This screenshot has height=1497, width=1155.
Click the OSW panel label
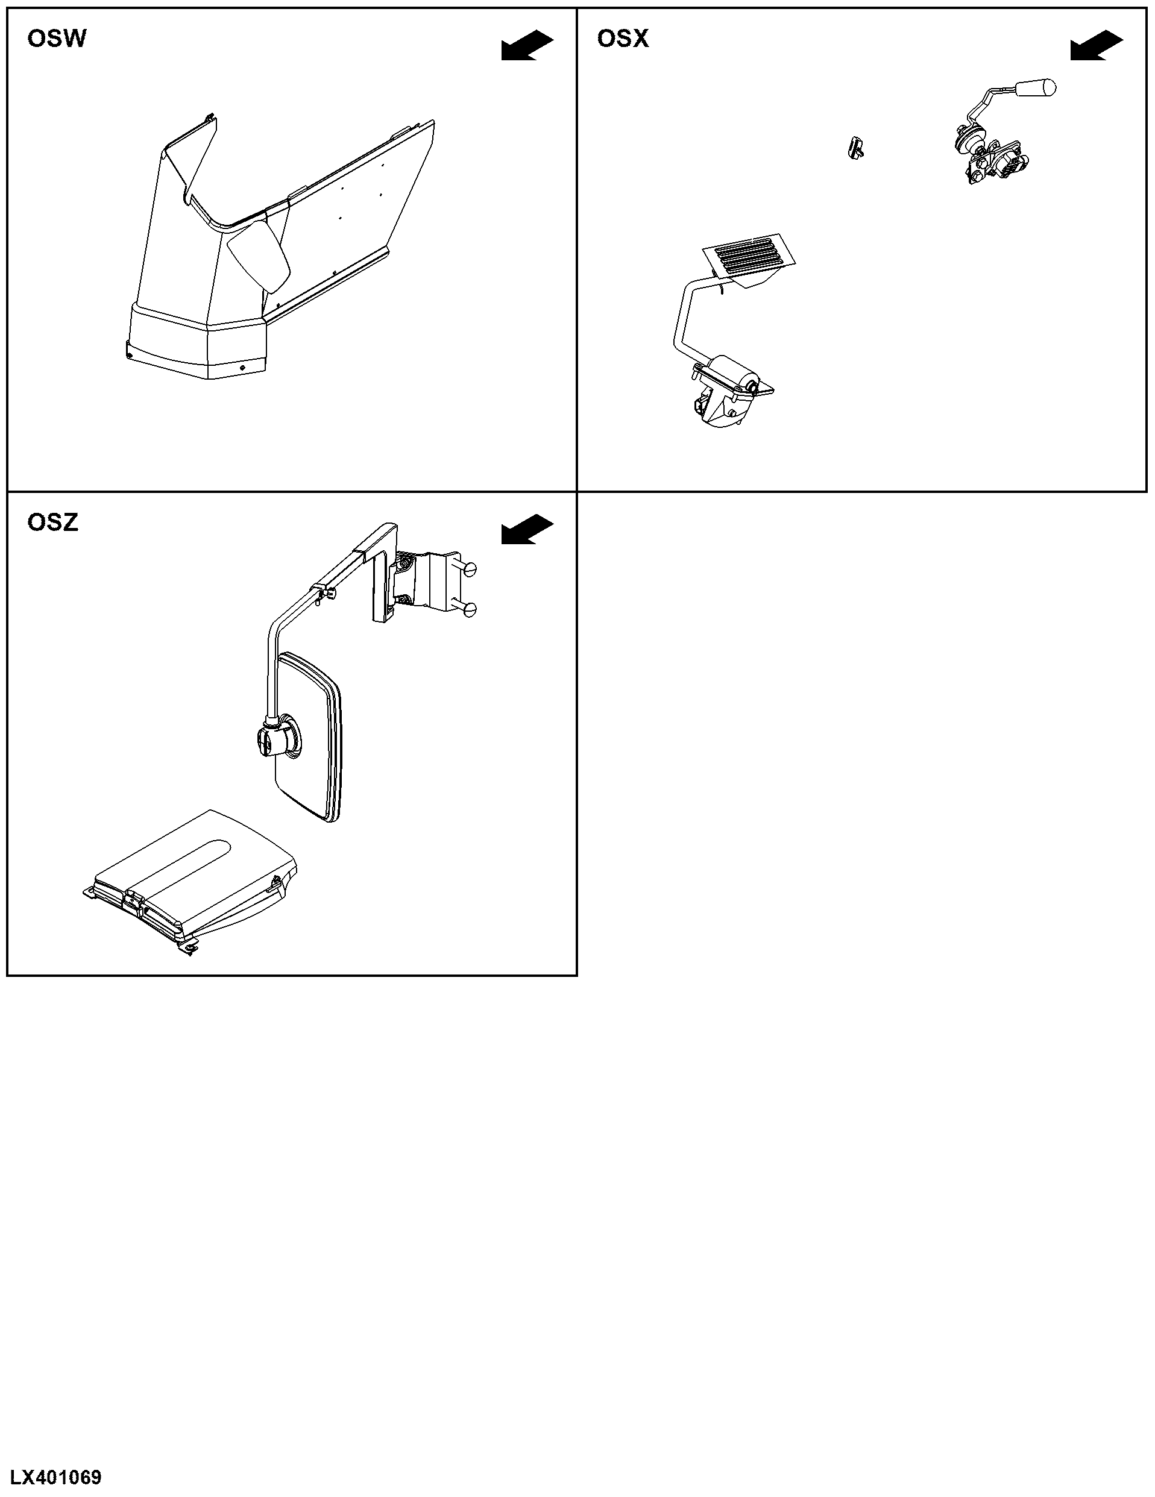(57, 39)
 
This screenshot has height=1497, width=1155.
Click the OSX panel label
(622, 39)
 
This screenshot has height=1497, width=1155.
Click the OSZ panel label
(53, 523)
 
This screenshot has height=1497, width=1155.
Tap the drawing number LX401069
(55, 1477)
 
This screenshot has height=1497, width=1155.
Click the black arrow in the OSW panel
(527, 46)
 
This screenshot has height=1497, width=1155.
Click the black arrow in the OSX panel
(1097, 46)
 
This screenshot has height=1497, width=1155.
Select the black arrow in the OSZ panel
(527, 530)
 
